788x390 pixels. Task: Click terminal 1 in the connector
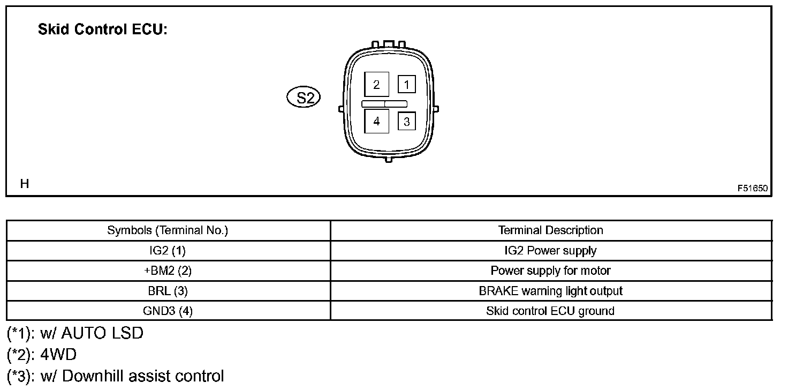(x=407, y=84)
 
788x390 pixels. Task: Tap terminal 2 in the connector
(x=377, y=85)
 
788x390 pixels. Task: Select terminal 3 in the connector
(x=407, y=122)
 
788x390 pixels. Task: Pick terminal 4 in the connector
(x=377, y=121)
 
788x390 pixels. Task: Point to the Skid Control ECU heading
(x=103, y=30)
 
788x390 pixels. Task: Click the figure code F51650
(x=752, y=188)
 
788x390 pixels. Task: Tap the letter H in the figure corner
(x=24, y=184)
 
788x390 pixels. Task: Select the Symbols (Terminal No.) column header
(x=168, y=230)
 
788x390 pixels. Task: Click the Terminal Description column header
(x=550, y=230)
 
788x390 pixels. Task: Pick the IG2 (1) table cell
(x=168, y=250)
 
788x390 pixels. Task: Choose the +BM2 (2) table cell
(x=168, y=271)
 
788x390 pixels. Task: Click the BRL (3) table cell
(x=168, y=291)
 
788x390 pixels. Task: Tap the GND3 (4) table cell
(x=168, y=311)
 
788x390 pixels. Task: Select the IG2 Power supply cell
(x=550, y=250)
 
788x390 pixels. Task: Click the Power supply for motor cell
(x=550, y=271)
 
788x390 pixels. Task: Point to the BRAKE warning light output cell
(x=550, y=291)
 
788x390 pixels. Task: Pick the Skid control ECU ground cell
(x=550, y=311)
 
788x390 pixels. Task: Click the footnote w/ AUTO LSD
(x=75, y=334)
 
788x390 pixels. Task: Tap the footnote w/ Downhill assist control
(x=116, y=376)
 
